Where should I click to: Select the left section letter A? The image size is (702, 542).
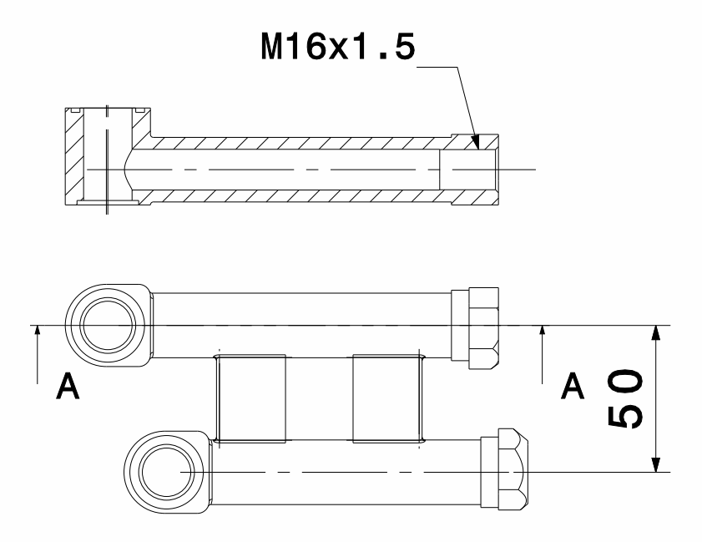coord(70,386)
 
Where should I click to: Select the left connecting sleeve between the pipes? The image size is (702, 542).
coord(251,398)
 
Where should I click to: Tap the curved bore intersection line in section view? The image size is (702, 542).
coord(124,169)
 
